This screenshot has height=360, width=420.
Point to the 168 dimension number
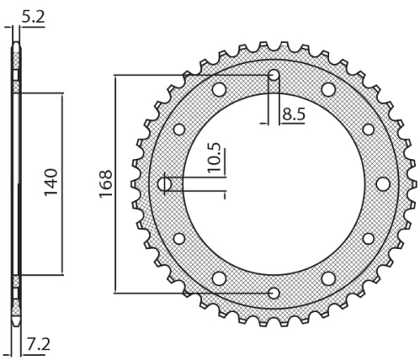coord(105,183)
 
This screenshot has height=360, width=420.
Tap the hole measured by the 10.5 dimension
coord(166,184)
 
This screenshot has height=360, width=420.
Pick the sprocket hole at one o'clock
coord(328,89)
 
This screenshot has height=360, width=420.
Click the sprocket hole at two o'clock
coord(367,129)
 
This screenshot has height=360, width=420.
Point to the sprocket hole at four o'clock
coord(367,239)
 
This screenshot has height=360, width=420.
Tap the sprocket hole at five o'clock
coord(328,279)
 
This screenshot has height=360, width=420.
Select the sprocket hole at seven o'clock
coord(218,279)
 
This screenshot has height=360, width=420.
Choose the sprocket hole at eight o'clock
coord(179,239)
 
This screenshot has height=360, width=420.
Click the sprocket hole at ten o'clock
coord(179,129)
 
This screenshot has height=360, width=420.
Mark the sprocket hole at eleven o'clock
coord(218,89)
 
